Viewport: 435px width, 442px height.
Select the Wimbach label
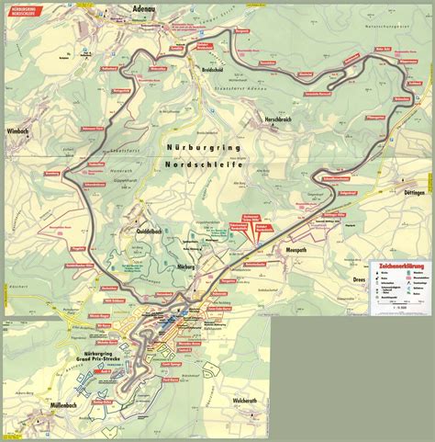[20, 130]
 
